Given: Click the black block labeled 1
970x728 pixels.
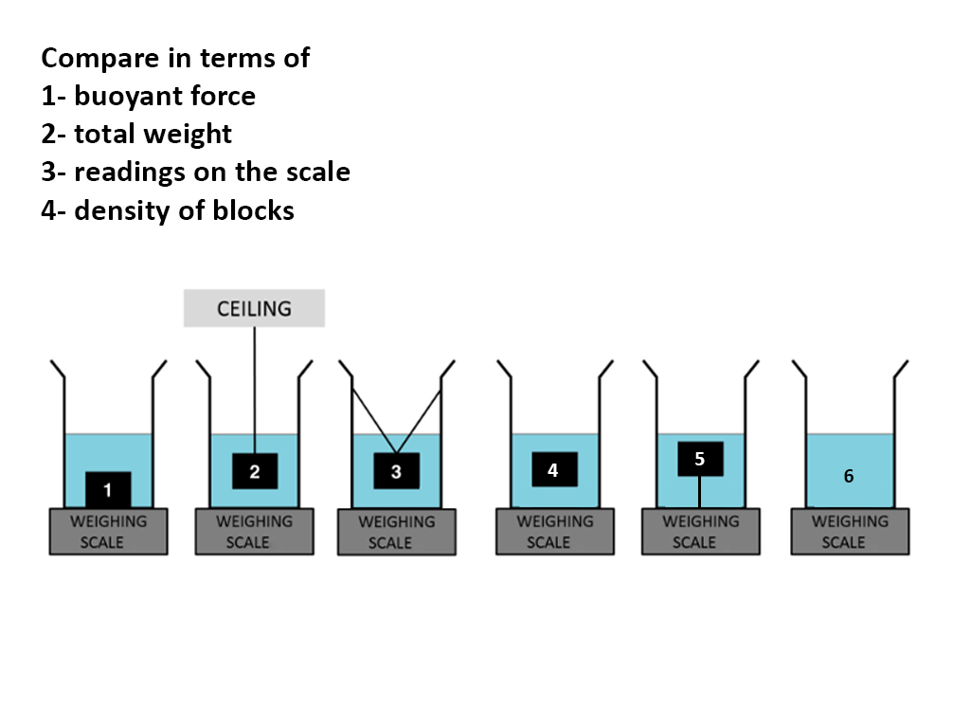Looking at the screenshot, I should click(x=108, y=490).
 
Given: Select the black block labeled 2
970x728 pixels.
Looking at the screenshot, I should click(x=255, y=471).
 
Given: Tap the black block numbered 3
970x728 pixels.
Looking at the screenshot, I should click(x=396, y=471).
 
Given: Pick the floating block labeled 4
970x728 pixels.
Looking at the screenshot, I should click(x=553, y=469).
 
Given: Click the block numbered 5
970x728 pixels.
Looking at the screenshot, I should click(x=700, y=459).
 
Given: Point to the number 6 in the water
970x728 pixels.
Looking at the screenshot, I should click(x=849, y=477).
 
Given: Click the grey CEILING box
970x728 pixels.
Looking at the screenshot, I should click(x=254, y=309).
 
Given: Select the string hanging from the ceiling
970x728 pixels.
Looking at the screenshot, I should click(x=255, y=389).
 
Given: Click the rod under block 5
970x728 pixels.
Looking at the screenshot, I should click(x=700, y=491).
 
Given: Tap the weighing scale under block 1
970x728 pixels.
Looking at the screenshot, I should click(x=108, y=532).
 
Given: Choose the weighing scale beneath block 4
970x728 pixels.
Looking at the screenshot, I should click(x=554, y=532).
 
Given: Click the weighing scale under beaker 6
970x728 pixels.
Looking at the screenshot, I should click(x=850, y=532).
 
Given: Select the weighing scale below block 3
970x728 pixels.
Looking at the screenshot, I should click(x=396, y=533).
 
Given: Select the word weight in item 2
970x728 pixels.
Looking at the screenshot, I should click(x=193, y=134).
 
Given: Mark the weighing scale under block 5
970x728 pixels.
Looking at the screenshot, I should click(x=700, y=532).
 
